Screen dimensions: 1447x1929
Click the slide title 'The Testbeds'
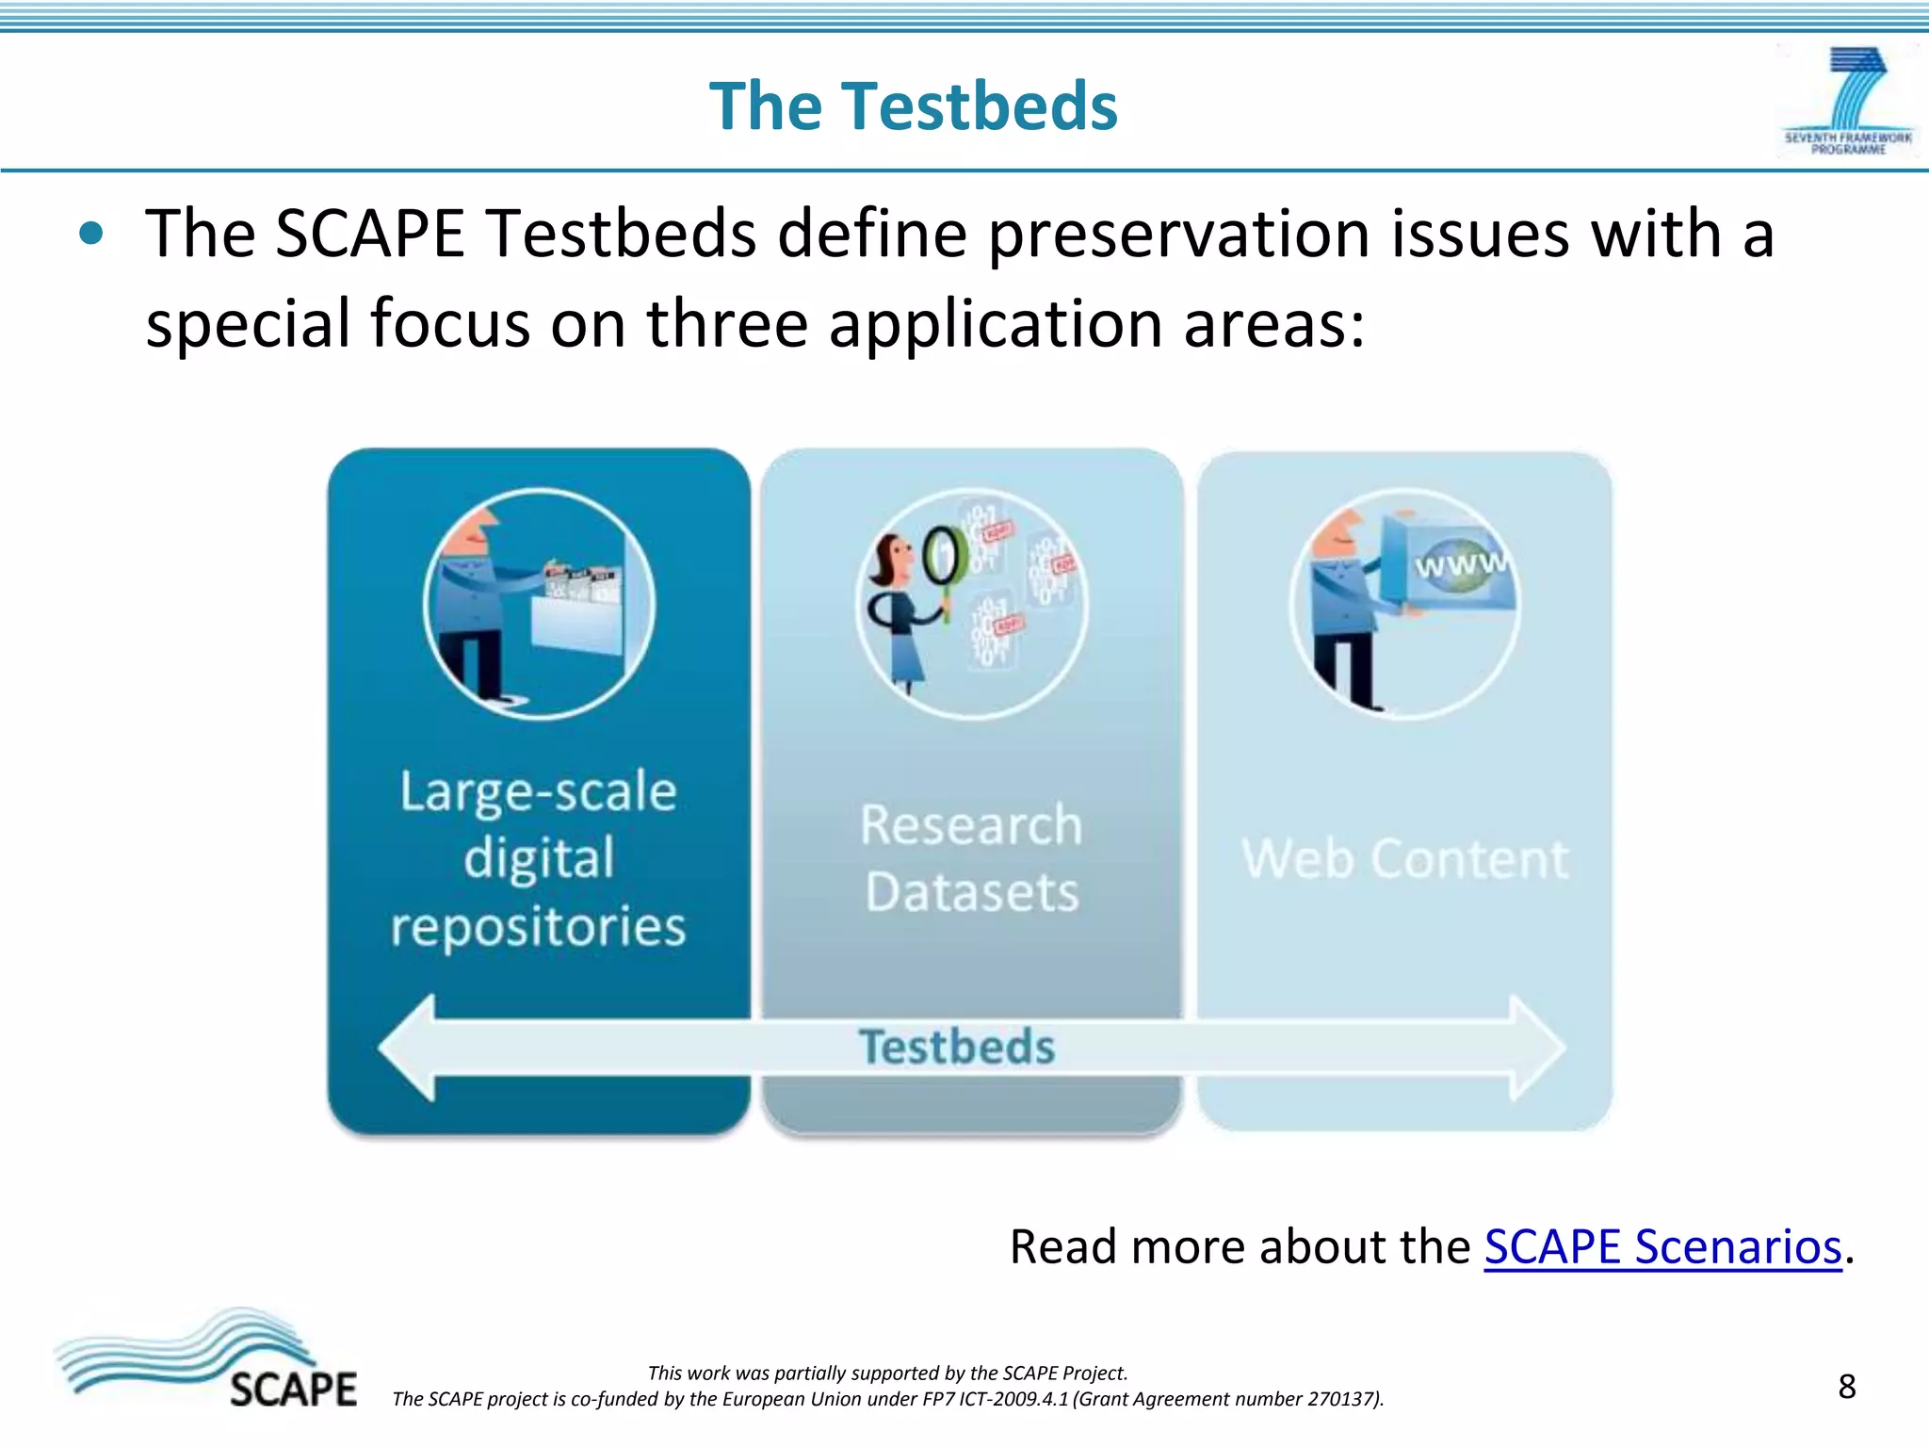913,106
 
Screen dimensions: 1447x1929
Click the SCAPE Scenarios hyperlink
1662,1247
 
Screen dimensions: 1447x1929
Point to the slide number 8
1846,1387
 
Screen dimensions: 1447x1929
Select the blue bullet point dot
91,234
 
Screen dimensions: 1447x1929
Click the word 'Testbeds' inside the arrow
956,1048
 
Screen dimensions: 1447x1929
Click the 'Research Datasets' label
971,858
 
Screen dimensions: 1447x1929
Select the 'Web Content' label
1404,858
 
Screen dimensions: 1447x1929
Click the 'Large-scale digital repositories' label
538,858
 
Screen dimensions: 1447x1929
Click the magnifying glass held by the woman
945,558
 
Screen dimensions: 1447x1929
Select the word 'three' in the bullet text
726,324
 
